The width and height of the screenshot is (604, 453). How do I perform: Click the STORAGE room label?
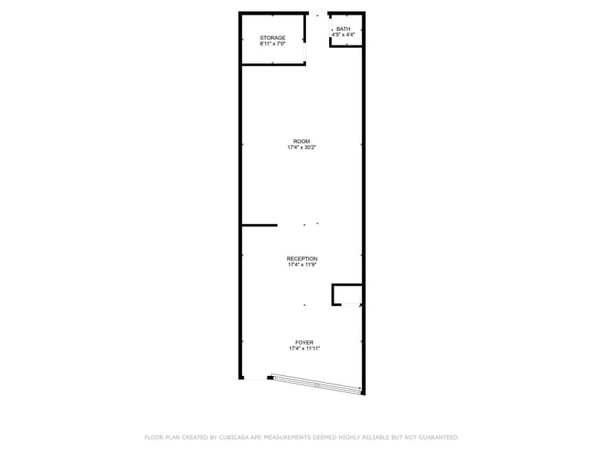tap(273, 38)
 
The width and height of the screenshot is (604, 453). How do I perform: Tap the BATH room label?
tap(343, 29)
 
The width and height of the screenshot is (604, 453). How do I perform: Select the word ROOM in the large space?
tap(301, 141)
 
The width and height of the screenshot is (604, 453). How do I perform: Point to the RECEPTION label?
tap(302, 259)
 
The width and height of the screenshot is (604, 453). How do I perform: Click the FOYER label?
tap(304, 343)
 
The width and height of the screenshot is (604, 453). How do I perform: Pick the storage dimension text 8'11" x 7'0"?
tap(273, 44)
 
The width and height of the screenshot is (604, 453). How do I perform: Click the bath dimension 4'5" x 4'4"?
tap(343, 35)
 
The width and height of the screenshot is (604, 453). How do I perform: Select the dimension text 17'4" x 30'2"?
tap(301, 147)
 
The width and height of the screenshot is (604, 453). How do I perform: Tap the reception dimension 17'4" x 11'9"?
tap(302, 265)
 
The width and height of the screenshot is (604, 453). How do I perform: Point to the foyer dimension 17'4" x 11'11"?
tap(304, 349)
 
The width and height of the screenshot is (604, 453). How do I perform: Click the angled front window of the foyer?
tap(316, 384)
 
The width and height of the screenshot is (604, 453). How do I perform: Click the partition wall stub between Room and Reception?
tap(260, 225)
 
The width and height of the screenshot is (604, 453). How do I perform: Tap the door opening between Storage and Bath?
tap(317, 14)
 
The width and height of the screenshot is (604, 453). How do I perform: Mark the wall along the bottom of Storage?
tap(273, 64)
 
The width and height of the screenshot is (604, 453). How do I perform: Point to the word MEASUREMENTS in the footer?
tap(297, 438)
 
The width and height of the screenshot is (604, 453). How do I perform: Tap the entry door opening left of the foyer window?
tap(255, 378)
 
